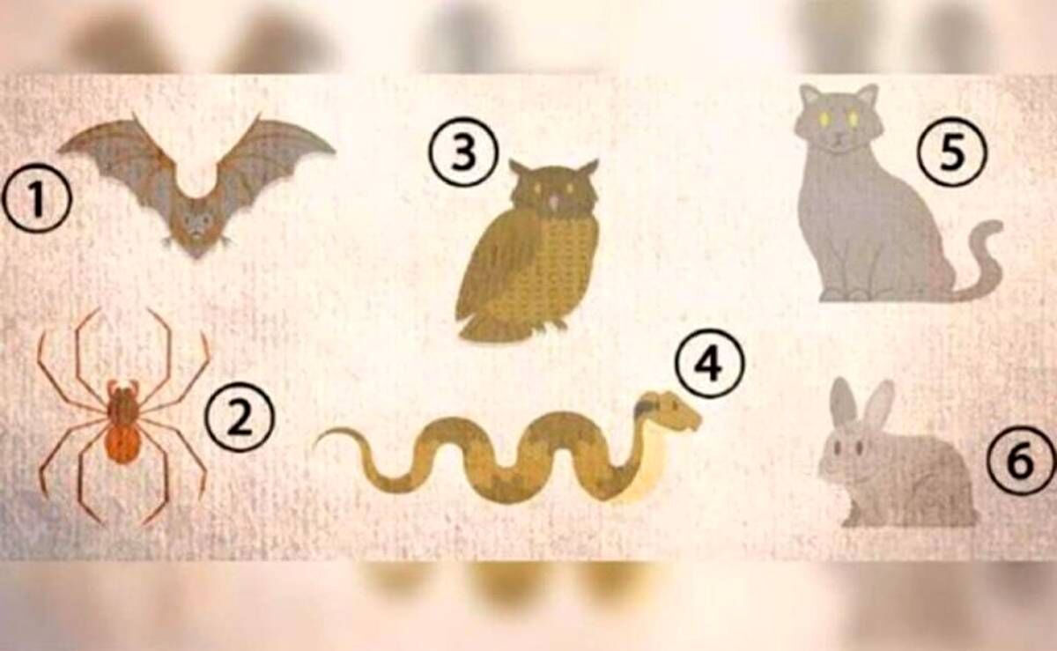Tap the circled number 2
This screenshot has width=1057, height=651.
coord(240,418)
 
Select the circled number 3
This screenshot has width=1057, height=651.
coord(463,152)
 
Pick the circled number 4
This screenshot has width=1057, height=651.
coord(709,363)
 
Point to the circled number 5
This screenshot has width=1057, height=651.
coord(952,152)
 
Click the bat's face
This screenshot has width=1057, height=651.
coord(195,223)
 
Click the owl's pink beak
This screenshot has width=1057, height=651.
coord(554,202)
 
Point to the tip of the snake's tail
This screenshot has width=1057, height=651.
coord(318,444)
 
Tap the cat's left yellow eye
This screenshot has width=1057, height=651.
coord(824,118)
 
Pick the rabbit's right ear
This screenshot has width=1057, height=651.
coord(879,407)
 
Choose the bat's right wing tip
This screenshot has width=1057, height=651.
coord(332,151)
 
